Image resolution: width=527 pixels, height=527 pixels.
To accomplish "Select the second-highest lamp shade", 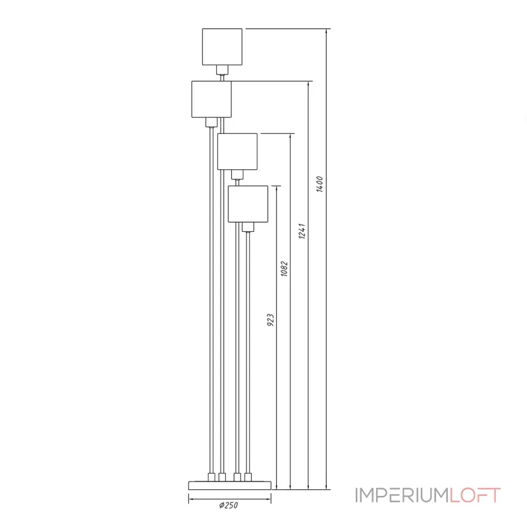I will [211, 99].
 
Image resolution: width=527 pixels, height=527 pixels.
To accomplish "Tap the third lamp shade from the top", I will [237, 151].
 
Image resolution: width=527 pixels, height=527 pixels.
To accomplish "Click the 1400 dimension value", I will [319, 184].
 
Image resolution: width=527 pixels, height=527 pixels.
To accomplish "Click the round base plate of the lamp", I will [230, 485].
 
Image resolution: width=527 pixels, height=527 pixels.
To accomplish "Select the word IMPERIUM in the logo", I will [402, 495].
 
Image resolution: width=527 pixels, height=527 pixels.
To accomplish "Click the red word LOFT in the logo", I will [475, 495].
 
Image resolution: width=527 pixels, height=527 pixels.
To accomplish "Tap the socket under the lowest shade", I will [248, 227].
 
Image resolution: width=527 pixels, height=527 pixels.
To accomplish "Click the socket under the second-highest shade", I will [211, 122].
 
